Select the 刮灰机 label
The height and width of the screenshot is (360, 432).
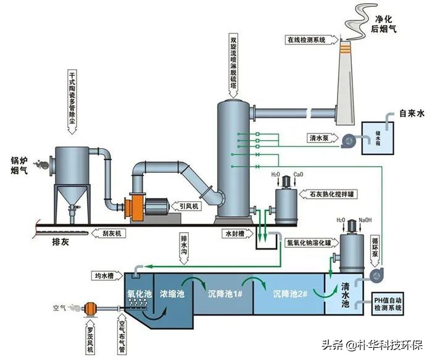(110, 234)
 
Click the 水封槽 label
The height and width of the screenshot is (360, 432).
(236, 234)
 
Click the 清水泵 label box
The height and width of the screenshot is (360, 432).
(321, 139)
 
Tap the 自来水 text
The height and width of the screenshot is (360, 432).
(413, 114)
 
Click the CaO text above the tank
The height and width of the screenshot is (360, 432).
(299, 175)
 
